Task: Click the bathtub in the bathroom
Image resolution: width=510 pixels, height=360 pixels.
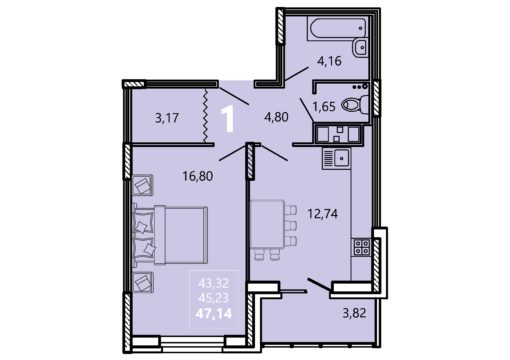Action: click(x=338, y=29)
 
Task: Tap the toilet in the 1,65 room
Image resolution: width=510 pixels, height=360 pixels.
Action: click(x=355, y=104)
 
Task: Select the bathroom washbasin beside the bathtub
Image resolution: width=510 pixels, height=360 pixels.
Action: click(x=360, y=47)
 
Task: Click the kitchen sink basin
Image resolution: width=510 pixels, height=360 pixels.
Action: click(x=341, y=157)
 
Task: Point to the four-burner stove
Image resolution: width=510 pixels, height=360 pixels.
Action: click(x=362, y=247)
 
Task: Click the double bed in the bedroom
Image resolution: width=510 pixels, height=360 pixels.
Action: click(x=171, y=235)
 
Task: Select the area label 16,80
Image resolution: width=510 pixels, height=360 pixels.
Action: click(x=198, y=176)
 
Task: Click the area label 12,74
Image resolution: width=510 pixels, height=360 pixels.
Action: click(x=323, y=213)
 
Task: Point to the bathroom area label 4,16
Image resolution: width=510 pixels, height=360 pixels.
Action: click(x=329, y=61)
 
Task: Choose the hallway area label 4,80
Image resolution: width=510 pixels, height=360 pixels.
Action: click(x=276, y=117)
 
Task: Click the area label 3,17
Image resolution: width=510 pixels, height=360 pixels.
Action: click(x=167, y=118)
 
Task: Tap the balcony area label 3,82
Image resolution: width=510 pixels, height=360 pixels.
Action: click(x=354, y=313)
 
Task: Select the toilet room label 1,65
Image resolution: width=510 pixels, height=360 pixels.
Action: click(x=324, y=107)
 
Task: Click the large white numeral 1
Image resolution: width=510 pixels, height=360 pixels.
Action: click(x=228, y=119)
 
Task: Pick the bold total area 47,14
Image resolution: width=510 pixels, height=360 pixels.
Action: click(x=214, y=314)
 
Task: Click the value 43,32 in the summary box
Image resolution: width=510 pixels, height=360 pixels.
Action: click(x=214, y=284)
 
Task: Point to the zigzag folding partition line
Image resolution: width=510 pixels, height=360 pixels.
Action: click(x=205, y=115)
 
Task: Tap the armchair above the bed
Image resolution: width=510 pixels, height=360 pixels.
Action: click(x=143, y=185)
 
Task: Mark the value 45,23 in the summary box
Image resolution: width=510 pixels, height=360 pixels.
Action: click(x=214, y=298)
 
